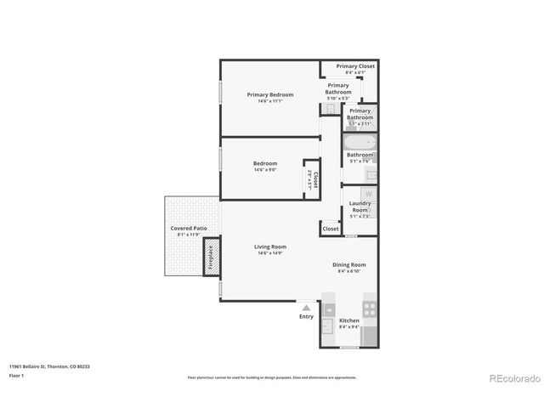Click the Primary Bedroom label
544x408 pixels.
click(x=270, y=94)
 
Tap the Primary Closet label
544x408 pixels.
click(x=355, y=66)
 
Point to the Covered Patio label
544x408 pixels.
click(x=189, y=229)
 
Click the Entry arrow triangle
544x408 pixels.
click(x=306, y=305)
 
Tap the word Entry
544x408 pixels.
click(x=306, y=317)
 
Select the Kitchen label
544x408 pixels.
click(x=349, y=320)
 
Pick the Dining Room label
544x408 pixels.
click(x=348, y=264)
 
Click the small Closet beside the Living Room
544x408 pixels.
click(x=331, y=229)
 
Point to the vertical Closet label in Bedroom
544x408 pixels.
click(x=314, y=178)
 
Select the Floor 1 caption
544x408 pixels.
click(x=17, y=375)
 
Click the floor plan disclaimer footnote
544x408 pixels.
click(x=272, y=377)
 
